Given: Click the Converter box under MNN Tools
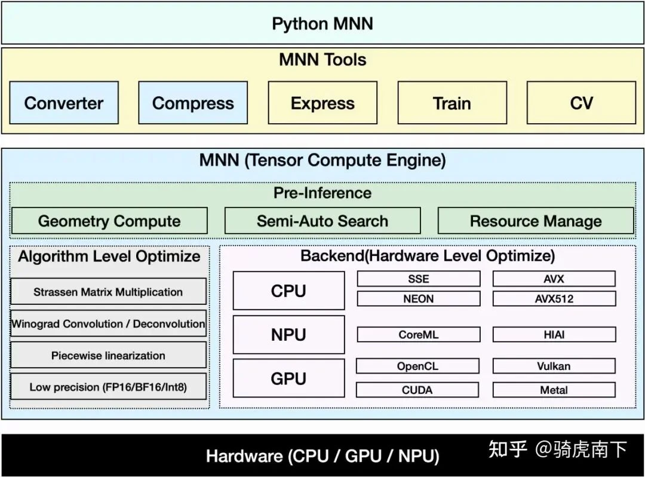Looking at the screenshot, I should pos(64,103).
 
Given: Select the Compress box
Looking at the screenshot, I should pos(193,103).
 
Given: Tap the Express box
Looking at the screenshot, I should pos(322,103).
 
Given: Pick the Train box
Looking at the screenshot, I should pos(452,103).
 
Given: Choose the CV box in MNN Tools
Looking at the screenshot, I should pos(581,103).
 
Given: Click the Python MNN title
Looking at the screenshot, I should pos(322,24).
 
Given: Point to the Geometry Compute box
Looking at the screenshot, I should pos(109,221).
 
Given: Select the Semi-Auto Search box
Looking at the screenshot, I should pos(322,221).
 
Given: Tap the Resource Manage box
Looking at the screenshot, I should pos(536,221).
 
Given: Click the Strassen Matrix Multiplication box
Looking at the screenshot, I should pos(108,292).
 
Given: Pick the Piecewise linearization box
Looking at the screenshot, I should pos(108,355).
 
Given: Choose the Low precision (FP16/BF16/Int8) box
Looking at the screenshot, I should pos(108,387).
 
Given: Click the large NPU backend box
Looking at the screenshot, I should pos(288,335).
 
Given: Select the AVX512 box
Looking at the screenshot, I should pos(554,299).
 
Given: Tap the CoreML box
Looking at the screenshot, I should pos(418,335).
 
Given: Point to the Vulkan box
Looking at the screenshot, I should pos(554,366).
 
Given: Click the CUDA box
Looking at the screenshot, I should pos(417,390).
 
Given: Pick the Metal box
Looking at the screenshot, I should pos(554,390).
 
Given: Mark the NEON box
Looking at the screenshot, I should pos(418,299).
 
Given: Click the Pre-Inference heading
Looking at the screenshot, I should pos(322,193).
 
